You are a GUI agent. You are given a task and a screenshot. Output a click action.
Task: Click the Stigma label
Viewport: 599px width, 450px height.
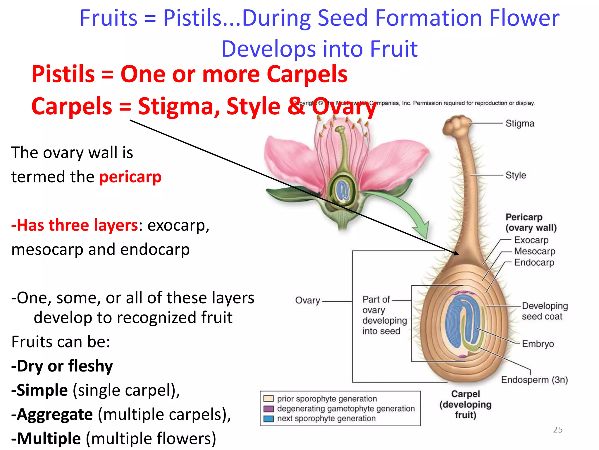(520, 124)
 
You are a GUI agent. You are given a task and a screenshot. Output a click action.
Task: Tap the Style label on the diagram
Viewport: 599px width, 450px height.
(516, 175)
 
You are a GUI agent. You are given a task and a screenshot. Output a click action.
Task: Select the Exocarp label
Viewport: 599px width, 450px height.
(531, 240)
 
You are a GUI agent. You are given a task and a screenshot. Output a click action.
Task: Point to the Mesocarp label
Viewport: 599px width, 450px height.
(534, 251)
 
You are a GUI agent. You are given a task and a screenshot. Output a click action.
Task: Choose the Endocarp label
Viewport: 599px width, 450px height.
(534, 262)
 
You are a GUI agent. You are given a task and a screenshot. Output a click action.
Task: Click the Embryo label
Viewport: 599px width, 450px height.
(538, 344)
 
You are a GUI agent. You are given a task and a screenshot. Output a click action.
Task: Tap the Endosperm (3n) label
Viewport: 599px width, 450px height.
(534, 380)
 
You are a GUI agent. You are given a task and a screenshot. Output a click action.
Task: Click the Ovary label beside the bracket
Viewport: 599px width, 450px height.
(307, 300)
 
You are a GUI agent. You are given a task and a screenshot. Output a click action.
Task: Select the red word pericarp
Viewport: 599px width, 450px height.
(130, 177)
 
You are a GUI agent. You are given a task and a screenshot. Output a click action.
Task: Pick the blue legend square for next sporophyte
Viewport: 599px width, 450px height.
(268, 419)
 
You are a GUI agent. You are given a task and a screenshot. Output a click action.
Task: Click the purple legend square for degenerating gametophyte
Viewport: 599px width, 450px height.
(268, 409)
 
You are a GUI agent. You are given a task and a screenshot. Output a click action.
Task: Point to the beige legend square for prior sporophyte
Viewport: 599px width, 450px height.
(268, 399)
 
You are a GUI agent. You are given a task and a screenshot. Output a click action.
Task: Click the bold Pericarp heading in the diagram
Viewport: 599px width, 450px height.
(524, 217)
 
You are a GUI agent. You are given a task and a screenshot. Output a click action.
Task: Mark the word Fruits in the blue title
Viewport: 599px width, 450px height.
(109, 18)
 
